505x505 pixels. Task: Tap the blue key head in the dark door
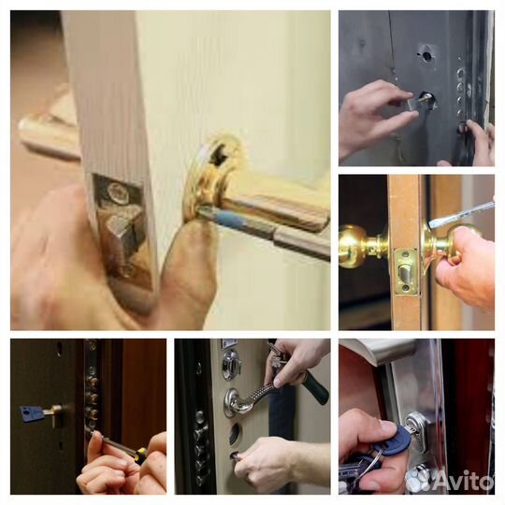click(x=32, y=413)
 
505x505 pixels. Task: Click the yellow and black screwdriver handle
click(x=141, y=454)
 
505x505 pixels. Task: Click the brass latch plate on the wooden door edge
click(x=407, y=271)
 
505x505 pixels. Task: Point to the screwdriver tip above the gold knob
click(x=431, y=224)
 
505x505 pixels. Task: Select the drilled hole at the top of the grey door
click(x=426, y=57)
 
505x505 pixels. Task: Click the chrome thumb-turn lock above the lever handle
click(x=231, y=364)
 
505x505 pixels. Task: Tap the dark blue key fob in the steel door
click(x=397, y=438)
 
